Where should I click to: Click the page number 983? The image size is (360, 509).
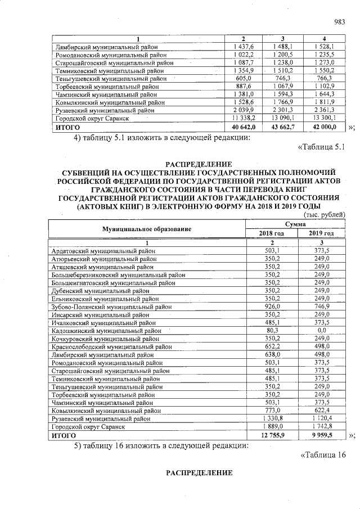click(x=339, y=22)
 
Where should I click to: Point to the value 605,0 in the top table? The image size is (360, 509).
click(x=244, y=79)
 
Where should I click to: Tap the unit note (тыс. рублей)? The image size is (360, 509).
click(x=324, y=215)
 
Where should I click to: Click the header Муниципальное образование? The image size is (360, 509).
click(x=146, y=228)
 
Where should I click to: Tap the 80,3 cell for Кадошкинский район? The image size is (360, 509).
click(x=272, y=331)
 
